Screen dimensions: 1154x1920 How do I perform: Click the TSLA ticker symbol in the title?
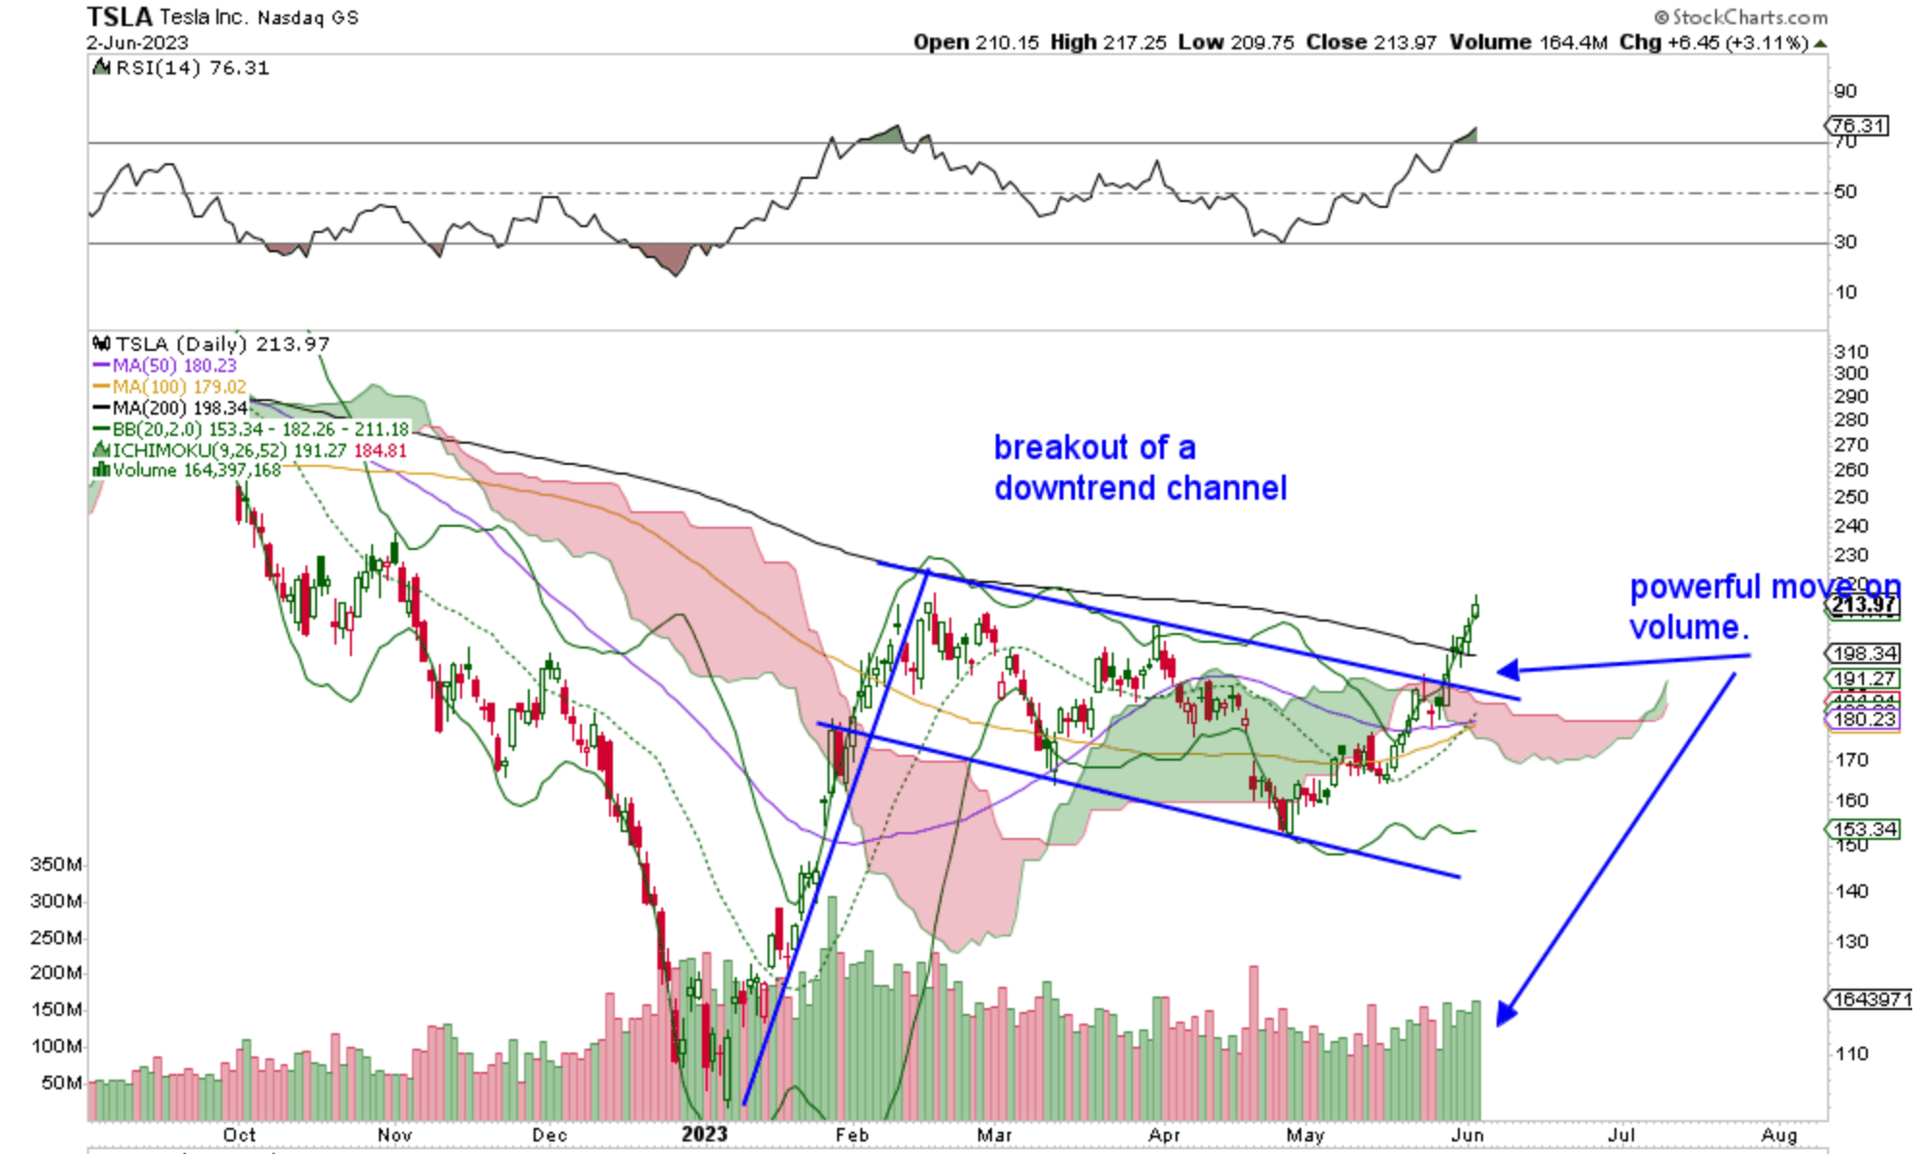click(120, 16)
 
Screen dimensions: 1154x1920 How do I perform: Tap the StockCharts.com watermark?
click(1741, 17)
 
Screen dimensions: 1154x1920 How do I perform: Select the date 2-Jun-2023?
click(136, 43)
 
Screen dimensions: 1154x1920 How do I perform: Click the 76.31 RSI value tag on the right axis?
click(1858, 126)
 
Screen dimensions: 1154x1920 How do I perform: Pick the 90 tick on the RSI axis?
click(1845, 91)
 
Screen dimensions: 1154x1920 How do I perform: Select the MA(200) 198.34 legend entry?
click(173, 408)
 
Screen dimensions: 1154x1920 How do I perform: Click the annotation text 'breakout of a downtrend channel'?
click(1140, 468)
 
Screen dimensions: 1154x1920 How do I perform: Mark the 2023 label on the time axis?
click(704, 1134)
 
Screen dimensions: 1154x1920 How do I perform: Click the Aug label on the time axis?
click(1779, 1135)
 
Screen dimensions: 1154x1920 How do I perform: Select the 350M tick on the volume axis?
click(55, 864)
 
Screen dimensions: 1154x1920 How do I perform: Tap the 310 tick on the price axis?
click(1850, 352)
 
